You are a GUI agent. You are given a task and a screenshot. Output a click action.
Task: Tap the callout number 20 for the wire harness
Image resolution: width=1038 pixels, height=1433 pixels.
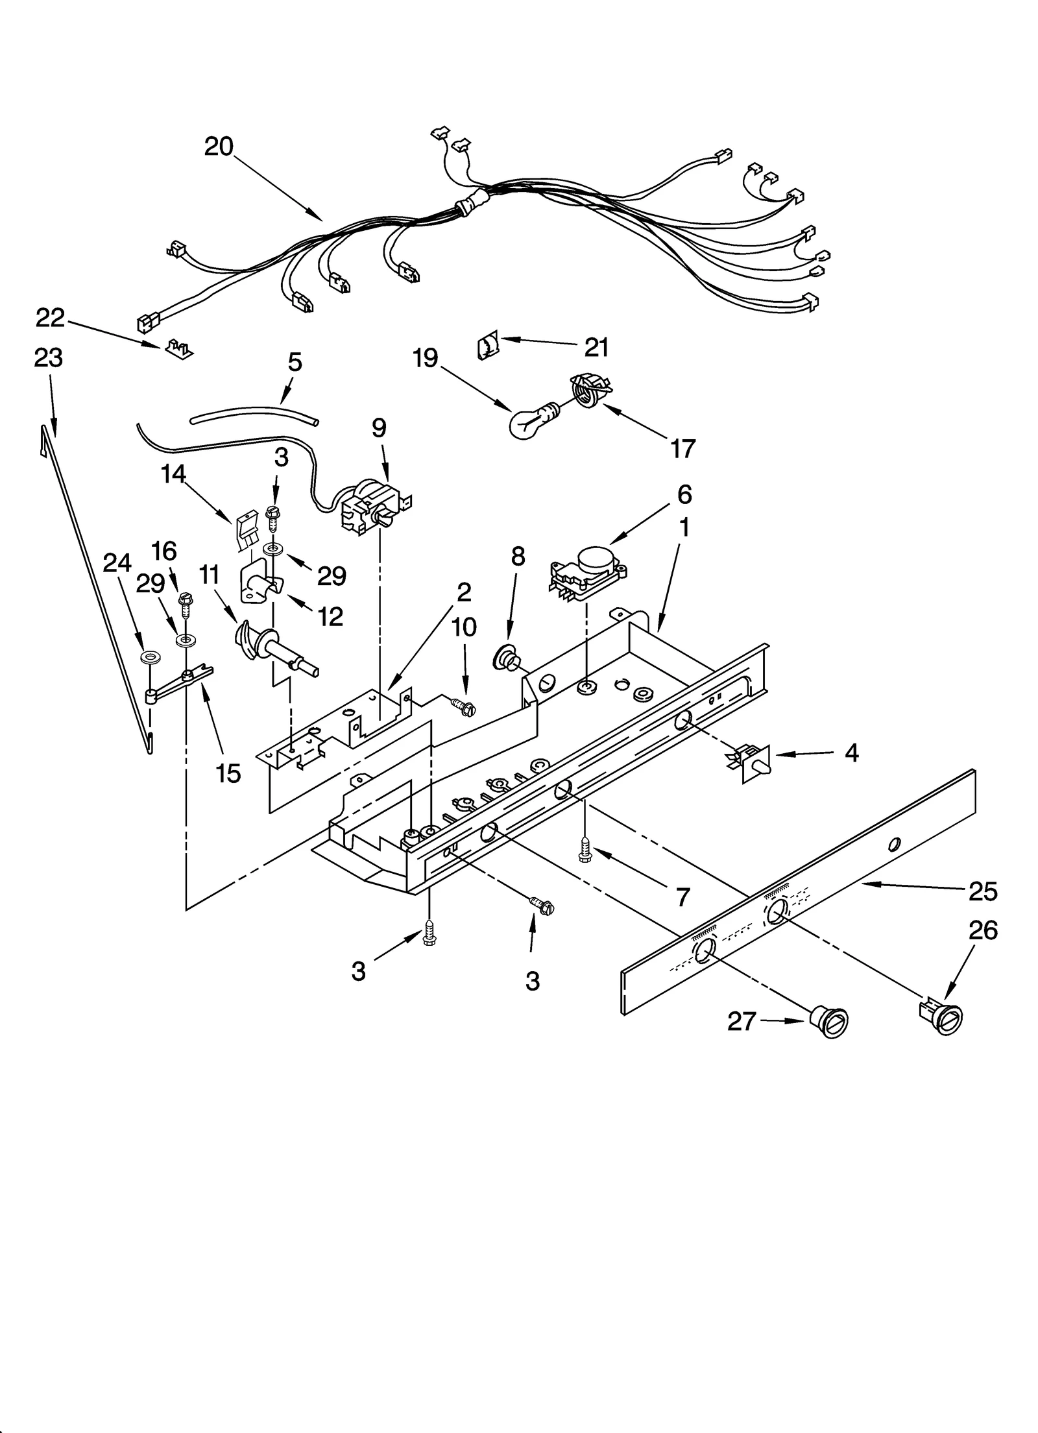(219, 147)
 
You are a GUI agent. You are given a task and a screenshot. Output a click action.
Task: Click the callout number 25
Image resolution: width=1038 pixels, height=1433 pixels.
(982, 893)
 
